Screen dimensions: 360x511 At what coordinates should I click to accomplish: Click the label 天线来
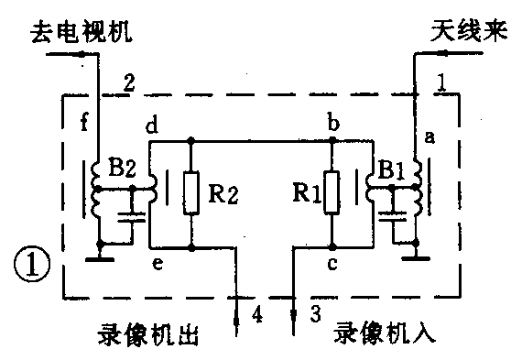tap(464, 34)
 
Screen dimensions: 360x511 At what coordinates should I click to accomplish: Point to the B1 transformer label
tap(391, 170)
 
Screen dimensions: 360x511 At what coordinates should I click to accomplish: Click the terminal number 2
tap(129, 82)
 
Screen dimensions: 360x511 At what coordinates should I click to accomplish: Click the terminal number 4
tap(258, 315)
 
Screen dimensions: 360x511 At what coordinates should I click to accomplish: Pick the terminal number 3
tap(315, 315)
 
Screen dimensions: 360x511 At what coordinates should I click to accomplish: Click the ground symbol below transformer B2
tap(100, 258)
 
